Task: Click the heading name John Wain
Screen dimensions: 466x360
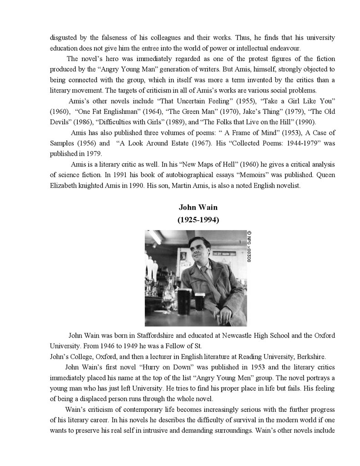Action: [x=198, y=208]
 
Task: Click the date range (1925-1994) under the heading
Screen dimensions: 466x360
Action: [x=198, y=220]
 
